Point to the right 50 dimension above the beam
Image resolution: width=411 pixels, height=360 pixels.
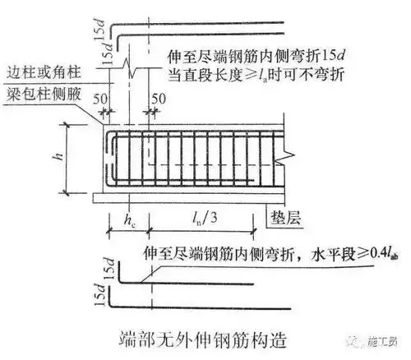point(159,99)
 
